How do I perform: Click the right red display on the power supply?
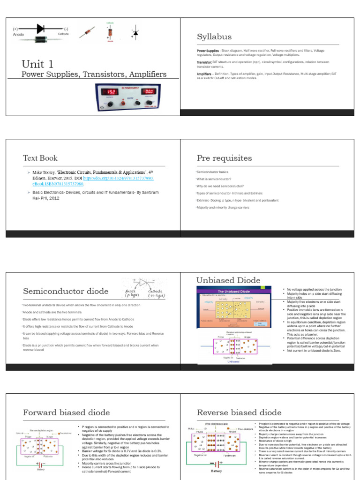coord(150,92)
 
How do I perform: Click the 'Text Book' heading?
coord(40,158)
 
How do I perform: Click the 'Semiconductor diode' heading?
coord(66,291)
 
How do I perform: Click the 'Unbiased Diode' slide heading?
coord(228,280)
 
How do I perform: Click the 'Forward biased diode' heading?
coord(66,412)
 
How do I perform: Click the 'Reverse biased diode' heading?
coord(239,412)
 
